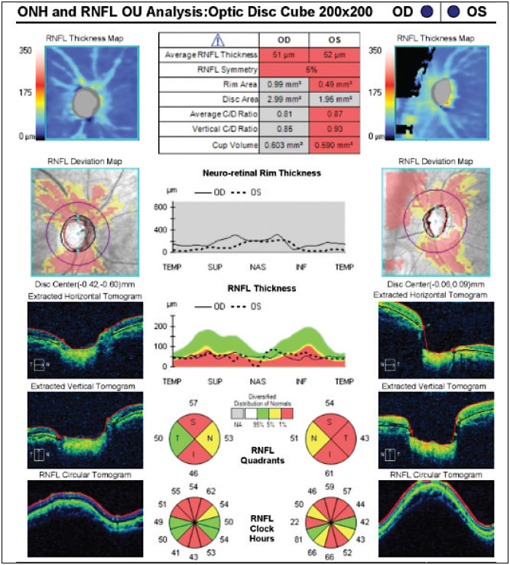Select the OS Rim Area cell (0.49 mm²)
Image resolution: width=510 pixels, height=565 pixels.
(330, 84)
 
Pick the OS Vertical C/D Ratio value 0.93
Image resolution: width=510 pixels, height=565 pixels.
(330, 129)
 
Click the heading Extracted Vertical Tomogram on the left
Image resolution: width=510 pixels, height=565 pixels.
(83, 387)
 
